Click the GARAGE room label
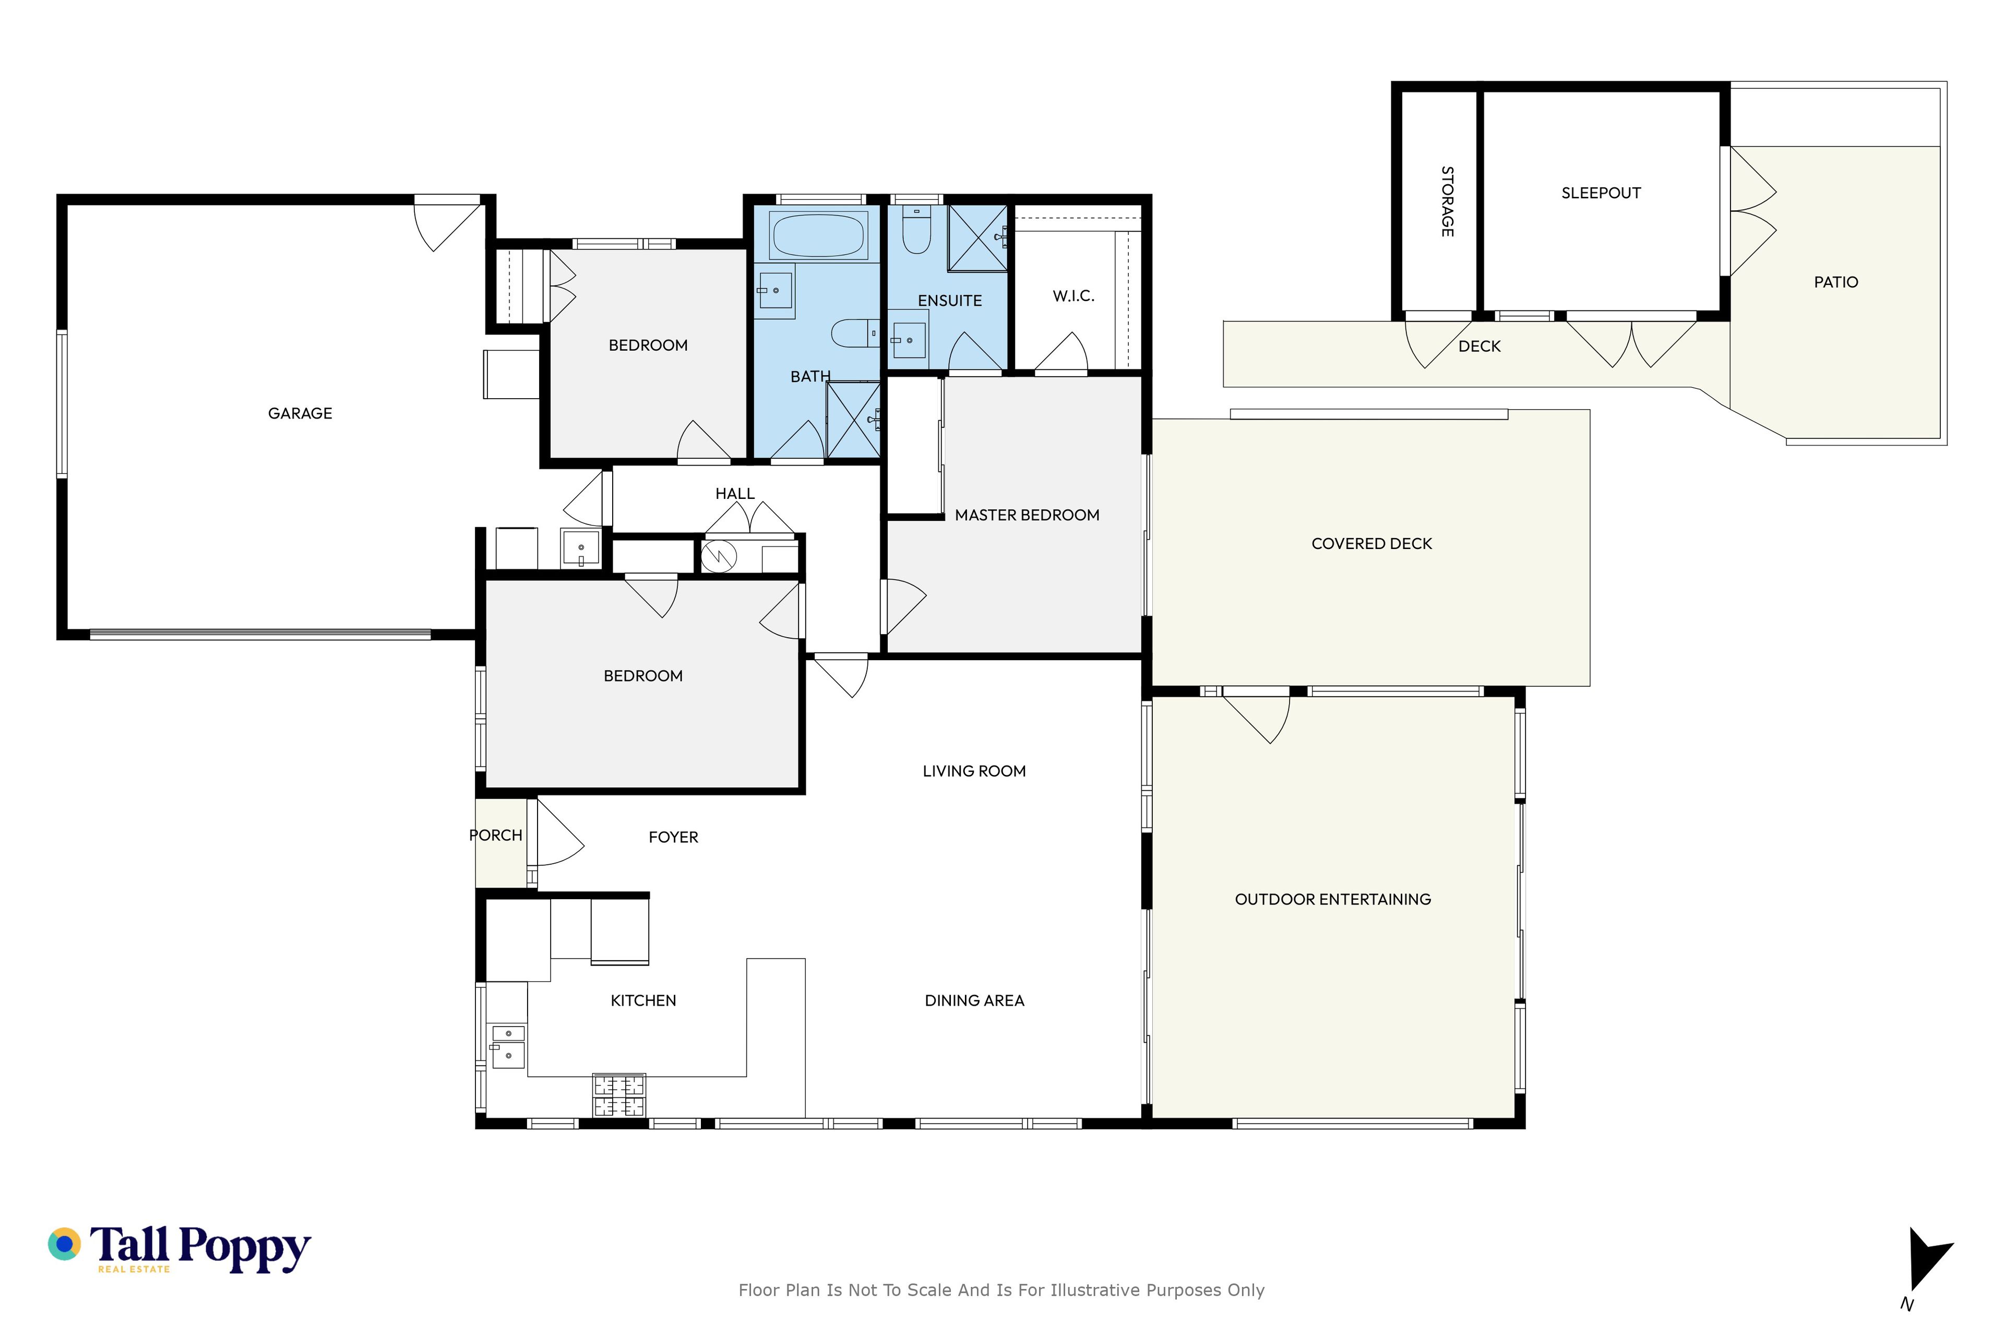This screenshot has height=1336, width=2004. pos(300,413)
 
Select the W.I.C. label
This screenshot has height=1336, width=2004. pos(1073,296)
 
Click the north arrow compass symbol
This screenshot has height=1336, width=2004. pos(1927,1260)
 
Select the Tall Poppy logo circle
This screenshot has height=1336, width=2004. pos(64,1244)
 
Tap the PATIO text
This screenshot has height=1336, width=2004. pos(1835,282)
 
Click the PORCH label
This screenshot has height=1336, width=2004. pos(495,835)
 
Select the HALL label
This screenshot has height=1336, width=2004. pos(734,493)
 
